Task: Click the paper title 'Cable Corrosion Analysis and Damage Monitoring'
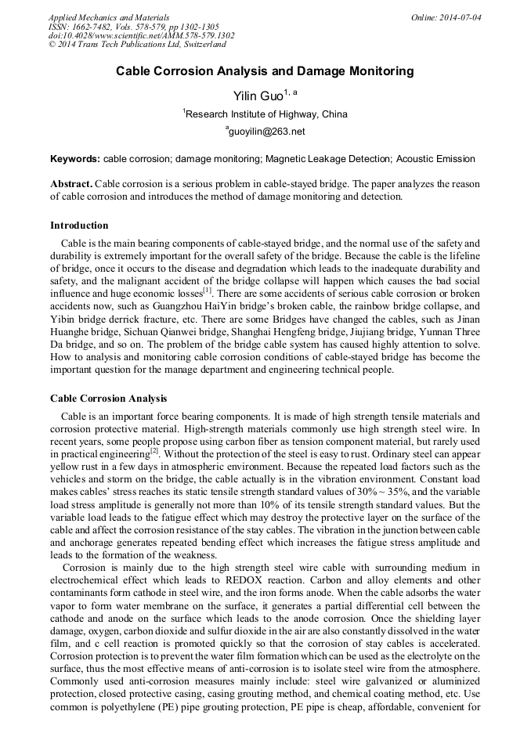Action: pos(265,71)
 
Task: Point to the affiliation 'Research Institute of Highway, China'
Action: pos(266,114)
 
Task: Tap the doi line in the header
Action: pos(141,35)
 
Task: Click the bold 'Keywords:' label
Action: pos(75,159)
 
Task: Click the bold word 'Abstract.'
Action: pos(71,184)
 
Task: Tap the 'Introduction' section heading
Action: pos(79,226)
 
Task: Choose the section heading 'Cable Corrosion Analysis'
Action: pos(108,399)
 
